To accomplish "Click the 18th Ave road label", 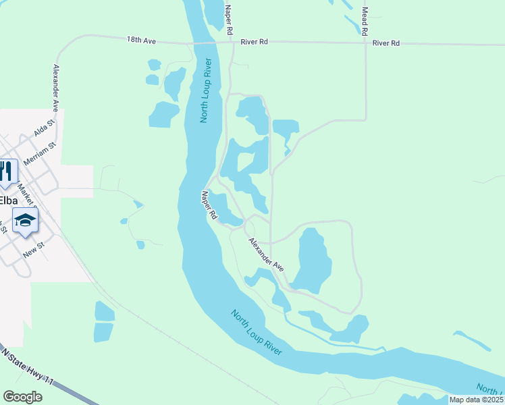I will coord(141,41).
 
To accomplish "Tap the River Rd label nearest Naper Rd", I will coord(255,42).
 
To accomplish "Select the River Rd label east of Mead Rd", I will coord(386,43).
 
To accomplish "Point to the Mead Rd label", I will coord(365,21).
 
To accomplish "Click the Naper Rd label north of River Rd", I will coord(230,20).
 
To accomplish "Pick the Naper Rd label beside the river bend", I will coord(209,205).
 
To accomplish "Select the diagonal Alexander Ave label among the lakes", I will coord(266,254).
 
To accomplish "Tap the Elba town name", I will coord(7,200).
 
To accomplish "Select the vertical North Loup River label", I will coord(207,90).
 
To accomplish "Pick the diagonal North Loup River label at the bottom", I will coord(256,332).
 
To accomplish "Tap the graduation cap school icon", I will coord(26,220).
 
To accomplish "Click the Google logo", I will coord(22,397).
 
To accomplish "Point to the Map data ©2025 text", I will coord(476,400).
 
